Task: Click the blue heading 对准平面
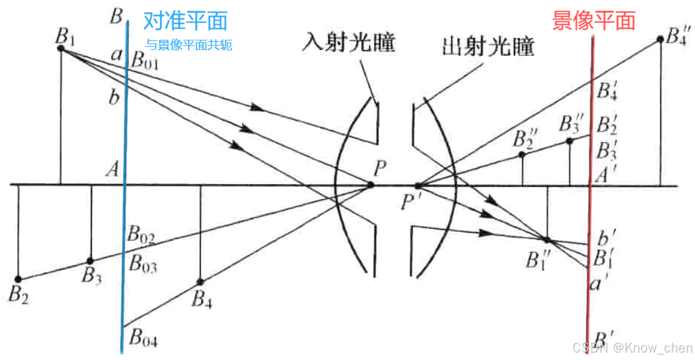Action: (x=185, y=21)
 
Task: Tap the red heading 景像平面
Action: (x=594, y=21)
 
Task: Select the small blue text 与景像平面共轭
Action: (x=189, y=45)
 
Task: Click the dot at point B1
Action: (x=61, y=48)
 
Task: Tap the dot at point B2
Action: (x=18, y=279)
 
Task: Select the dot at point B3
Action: (x=90, y=261)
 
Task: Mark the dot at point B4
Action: (x=200, y=281)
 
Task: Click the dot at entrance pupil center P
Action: (x=370, y=185)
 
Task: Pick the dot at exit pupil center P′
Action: (x=418, y=185)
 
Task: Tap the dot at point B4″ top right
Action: (x=660, y=40)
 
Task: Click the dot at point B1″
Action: (x=546, y=239)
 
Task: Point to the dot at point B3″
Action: (x=569, y=142)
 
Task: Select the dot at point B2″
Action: (x=522, y=154)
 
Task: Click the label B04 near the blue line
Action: (x=143, y=339)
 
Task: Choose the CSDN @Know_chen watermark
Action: (x=631, y=347)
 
